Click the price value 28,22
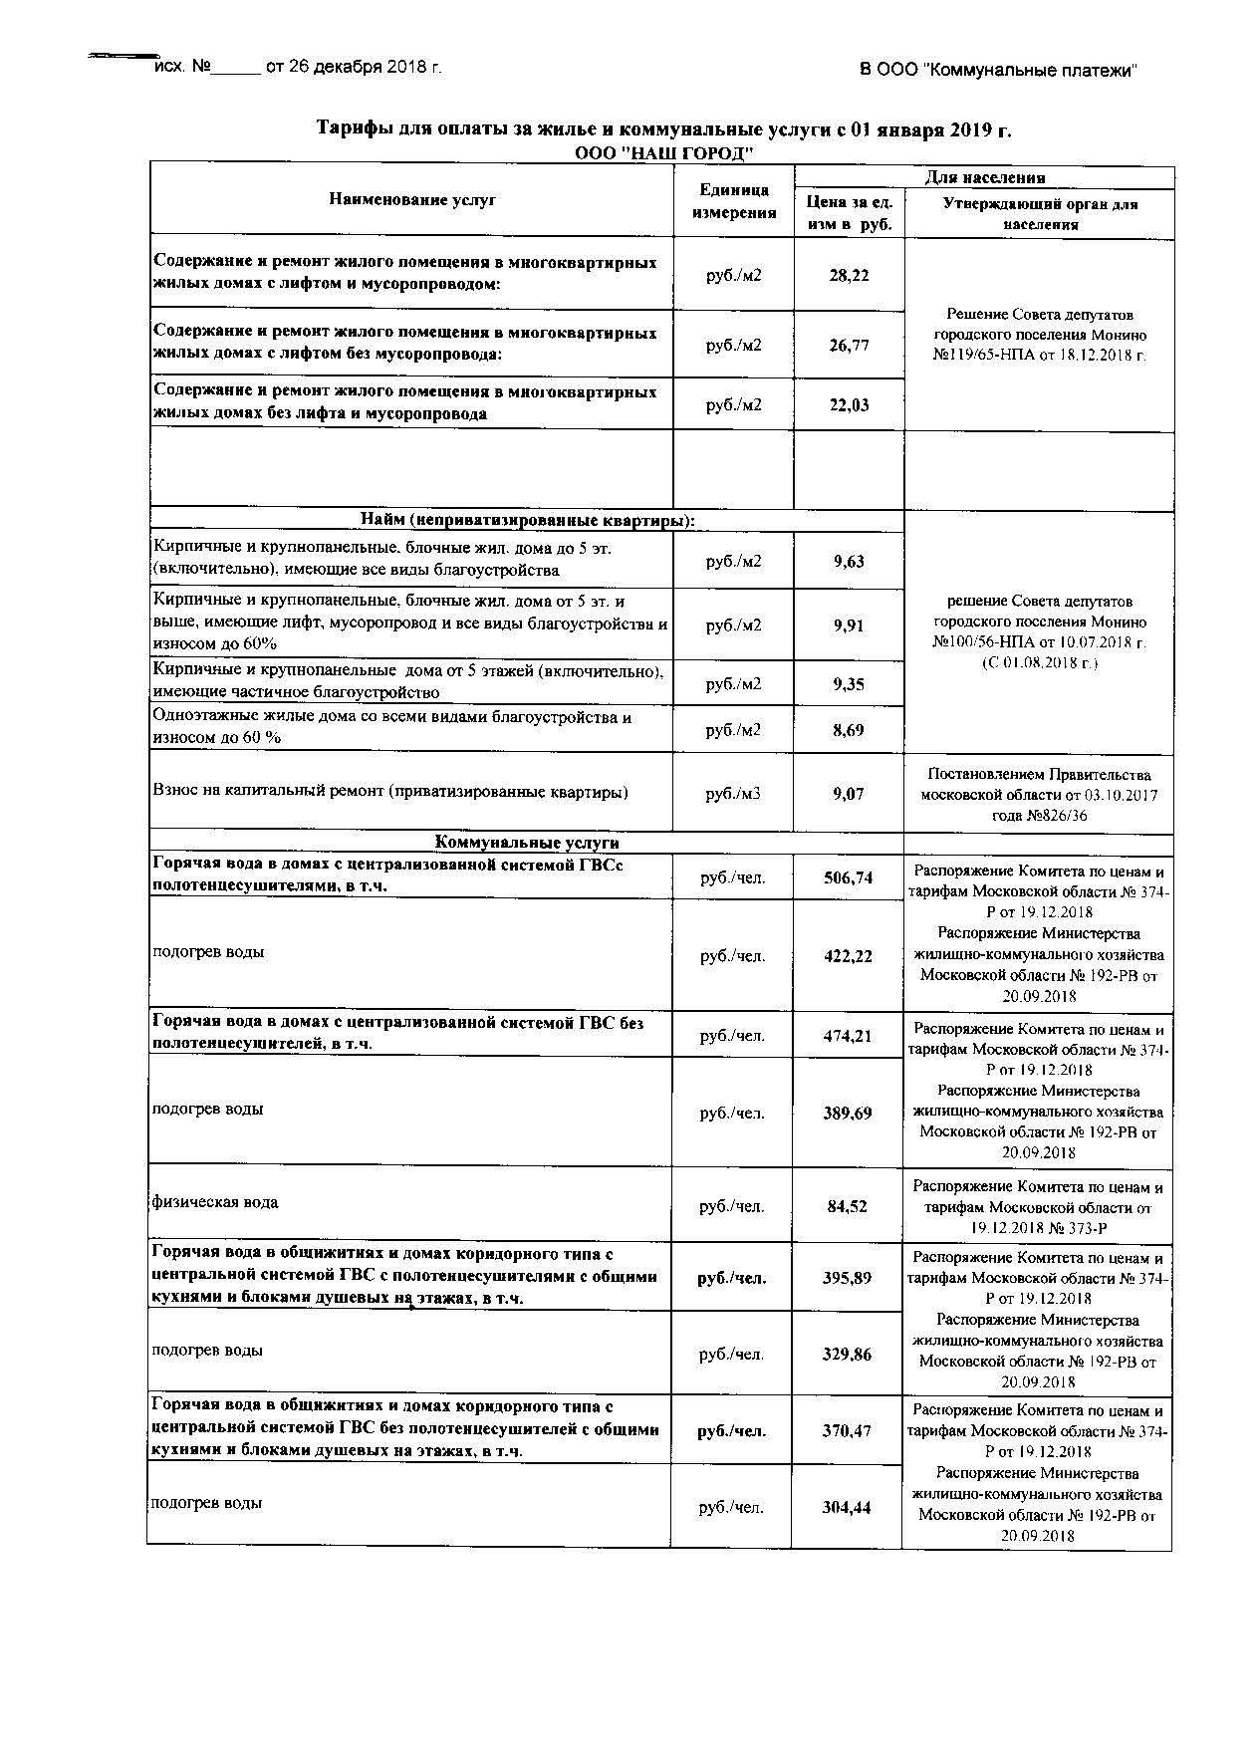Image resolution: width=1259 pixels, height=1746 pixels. pos(849,275)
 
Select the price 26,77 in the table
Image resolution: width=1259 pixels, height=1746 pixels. pos(849,345)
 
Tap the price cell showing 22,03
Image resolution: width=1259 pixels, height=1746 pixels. pos(849,404)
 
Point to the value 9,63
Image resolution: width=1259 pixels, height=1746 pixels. pos(849,561)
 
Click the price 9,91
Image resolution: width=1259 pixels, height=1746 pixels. pos(849,624)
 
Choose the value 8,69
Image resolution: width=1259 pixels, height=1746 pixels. pos(849,730)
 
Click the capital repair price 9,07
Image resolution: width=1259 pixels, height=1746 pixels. pos(849,794)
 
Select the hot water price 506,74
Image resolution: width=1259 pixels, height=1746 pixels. pos(849,877)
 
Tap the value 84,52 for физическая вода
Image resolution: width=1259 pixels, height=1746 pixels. pos(848,1206)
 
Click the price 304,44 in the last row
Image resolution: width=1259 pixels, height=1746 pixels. pos(847,1507)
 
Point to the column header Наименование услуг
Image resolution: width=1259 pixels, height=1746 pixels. pos(412,200)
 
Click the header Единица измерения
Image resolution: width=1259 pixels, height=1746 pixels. pos(734,201)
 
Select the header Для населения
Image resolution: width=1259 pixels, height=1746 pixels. pos(985,178)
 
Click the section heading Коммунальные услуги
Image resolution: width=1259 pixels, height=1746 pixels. pos(528,843)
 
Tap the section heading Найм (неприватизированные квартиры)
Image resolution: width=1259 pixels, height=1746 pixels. pos(528,521)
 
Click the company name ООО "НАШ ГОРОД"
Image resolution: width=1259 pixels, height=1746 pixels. pos(664,152)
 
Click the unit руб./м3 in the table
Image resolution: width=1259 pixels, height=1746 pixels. pos(733,794)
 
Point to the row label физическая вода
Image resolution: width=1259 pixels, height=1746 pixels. pos(215,1202)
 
